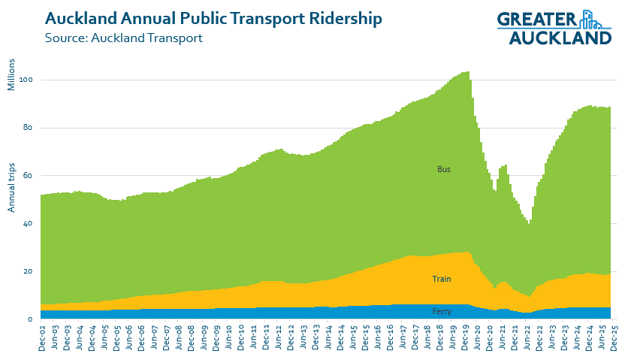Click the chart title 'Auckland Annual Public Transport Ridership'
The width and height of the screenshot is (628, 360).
(x=213, y=18)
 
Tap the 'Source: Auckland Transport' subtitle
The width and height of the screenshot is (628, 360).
(x=124, y=38)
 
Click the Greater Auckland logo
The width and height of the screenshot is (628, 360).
(x=554, y=28)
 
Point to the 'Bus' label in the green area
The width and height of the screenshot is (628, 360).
(x=444, y=170)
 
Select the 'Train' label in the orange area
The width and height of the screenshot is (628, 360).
(x=442, y=280)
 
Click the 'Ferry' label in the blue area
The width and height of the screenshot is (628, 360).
(x=442, y=310)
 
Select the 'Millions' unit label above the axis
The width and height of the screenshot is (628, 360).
(x=11, y=73)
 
